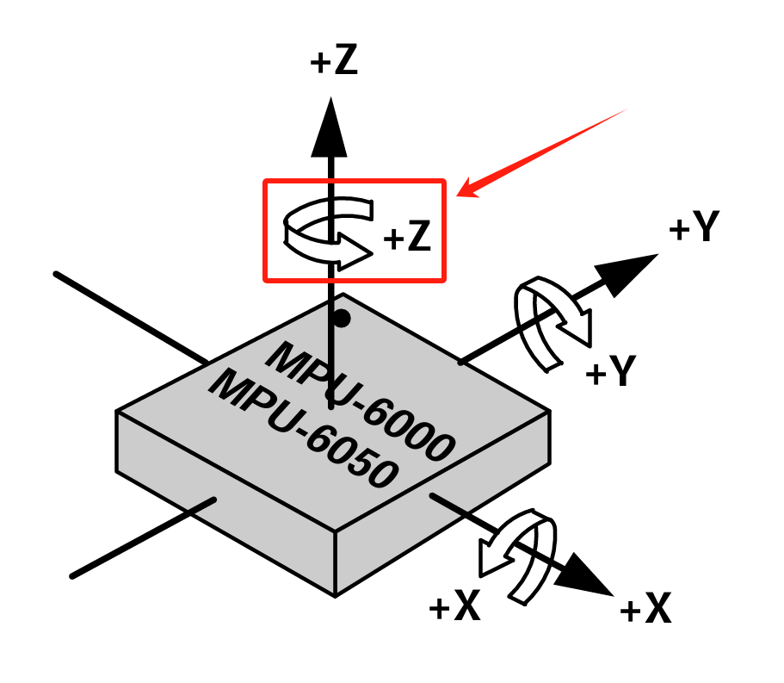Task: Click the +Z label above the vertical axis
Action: (x=334, y=60)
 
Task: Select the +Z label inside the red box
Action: (x=407, y=236)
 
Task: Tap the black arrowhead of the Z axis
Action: (x=330, y=127)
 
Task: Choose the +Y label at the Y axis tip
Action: (x=694, y=227)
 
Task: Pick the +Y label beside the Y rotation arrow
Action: (x=611, y=370)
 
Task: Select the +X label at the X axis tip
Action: (x=645, y=607)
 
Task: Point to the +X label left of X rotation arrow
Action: (x=454, y=605)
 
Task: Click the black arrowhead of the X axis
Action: (x=585, y=575)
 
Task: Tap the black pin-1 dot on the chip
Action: (x=342, y=318)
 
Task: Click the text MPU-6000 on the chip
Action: (x=361, y=400)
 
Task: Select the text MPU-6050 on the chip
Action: (x=304, y=428)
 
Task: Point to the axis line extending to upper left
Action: (x=131, y=316)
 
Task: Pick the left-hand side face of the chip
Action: (x=225, y=503)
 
